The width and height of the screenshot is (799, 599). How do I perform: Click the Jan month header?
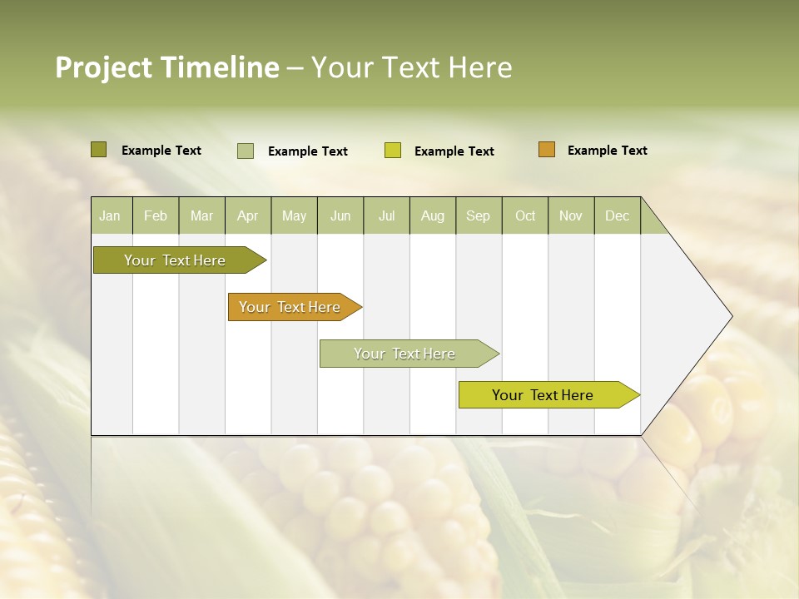tap(110, 216)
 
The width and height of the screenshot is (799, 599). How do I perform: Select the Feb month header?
tap(156, 216)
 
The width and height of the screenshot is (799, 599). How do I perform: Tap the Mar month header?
tap(201, 216)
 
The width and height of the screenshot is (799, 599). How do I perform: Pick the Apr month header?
tap(248, 216)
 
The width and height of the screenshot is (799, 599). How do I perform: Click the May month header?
tap(294, 216)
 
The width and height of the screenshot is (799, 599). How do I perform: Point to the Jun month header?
tap(340, 216)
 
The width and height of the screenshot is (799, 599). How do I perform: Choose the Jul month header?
tap(386, 216)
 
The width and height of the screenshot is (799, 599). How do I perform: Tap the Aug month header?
tap(433, 216)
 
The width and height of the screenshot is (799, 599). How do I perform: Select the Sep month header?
tap(479, 216)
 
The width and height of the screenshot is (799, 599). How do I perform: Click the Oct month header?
tap(525, 216)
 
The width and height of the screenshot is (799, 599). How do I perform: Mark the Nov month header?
tap(571, 216)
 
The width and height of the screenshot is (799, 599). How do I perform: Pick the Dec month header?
tap(618, 216)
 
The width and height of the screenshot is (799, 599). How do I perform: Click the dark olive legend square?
tap(99, 150)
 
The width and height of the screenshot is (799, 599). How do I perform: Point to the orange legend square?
tap(547, 150)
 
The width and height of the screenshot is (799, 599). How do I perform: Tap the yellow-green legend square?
tap(393, 151)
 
